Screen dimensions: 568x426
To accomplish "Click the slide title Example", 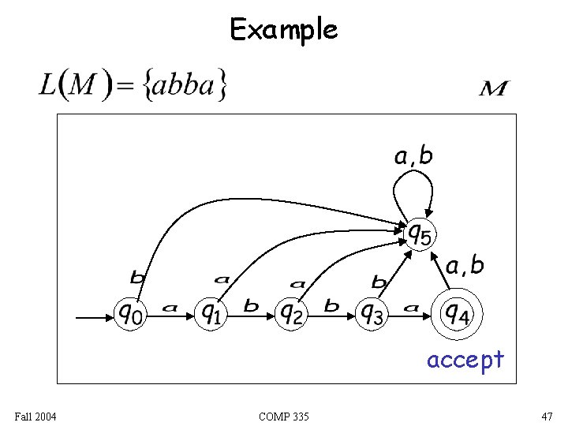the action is [283, 30].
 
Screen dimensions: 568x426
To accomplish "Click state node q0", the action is [131, 314].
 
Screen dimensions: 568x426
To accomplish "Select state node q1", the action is [211, 314].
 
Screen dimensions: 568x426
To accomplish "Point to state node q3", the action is [372, 314].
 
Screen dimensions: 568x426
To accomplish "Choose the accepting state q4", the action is [455, 314].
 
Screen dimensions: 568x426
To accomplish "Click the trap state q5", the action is [421, 233].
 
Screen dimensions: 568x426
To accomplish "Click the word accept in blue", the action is [465, 360].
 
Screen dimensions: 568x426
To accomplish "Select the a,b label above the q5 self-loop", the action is [413, 156].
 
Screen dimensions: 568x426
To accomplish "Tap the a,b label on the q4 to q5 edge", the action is [465, 266].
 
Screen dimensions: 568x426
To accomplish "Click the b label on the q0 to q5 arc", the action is [137, 277].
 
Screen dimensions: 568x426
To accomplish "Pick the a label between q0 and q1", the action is [170, 308].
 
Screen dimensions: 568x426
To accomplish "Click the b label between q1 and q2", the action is [251, 305].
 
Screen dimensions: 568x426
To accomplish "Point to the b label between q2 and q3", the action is [331, 305].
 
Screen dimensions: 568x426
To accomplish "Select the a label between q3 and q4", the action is [410, 308].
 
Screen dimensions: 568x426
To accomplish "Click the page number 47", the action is [547, 416].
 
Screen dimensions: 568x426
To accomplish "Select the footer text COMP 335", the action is [283, 416].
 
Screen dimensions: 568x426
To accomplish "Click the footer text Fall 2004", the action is [34, 416].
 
